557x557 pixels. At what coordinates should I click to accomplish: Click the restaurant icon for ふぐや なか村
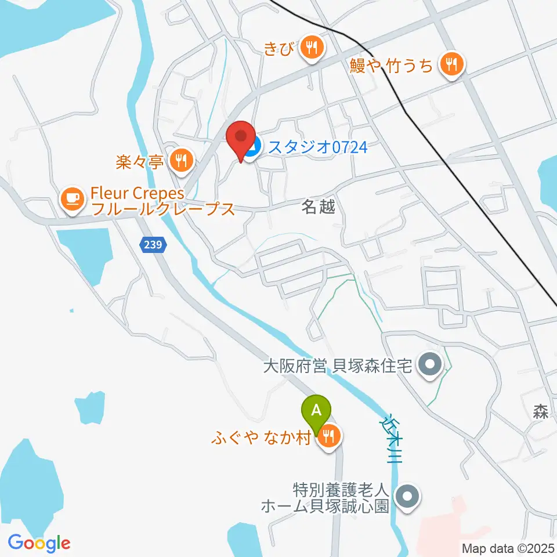tap(328, 436)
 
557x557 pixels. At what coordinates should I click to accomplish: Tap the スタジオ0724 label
tap(317, 148)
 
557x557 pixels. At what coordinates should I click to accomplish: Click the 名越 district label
tap(319, 207)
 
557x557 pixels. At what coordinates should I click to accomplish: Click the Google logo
tap(39, 543)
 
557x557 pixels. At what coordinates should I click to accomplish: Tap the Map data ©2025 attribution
tap(508, 547)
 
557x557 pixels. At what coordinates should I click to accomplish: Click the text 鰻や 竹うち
tap(392, 66)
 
